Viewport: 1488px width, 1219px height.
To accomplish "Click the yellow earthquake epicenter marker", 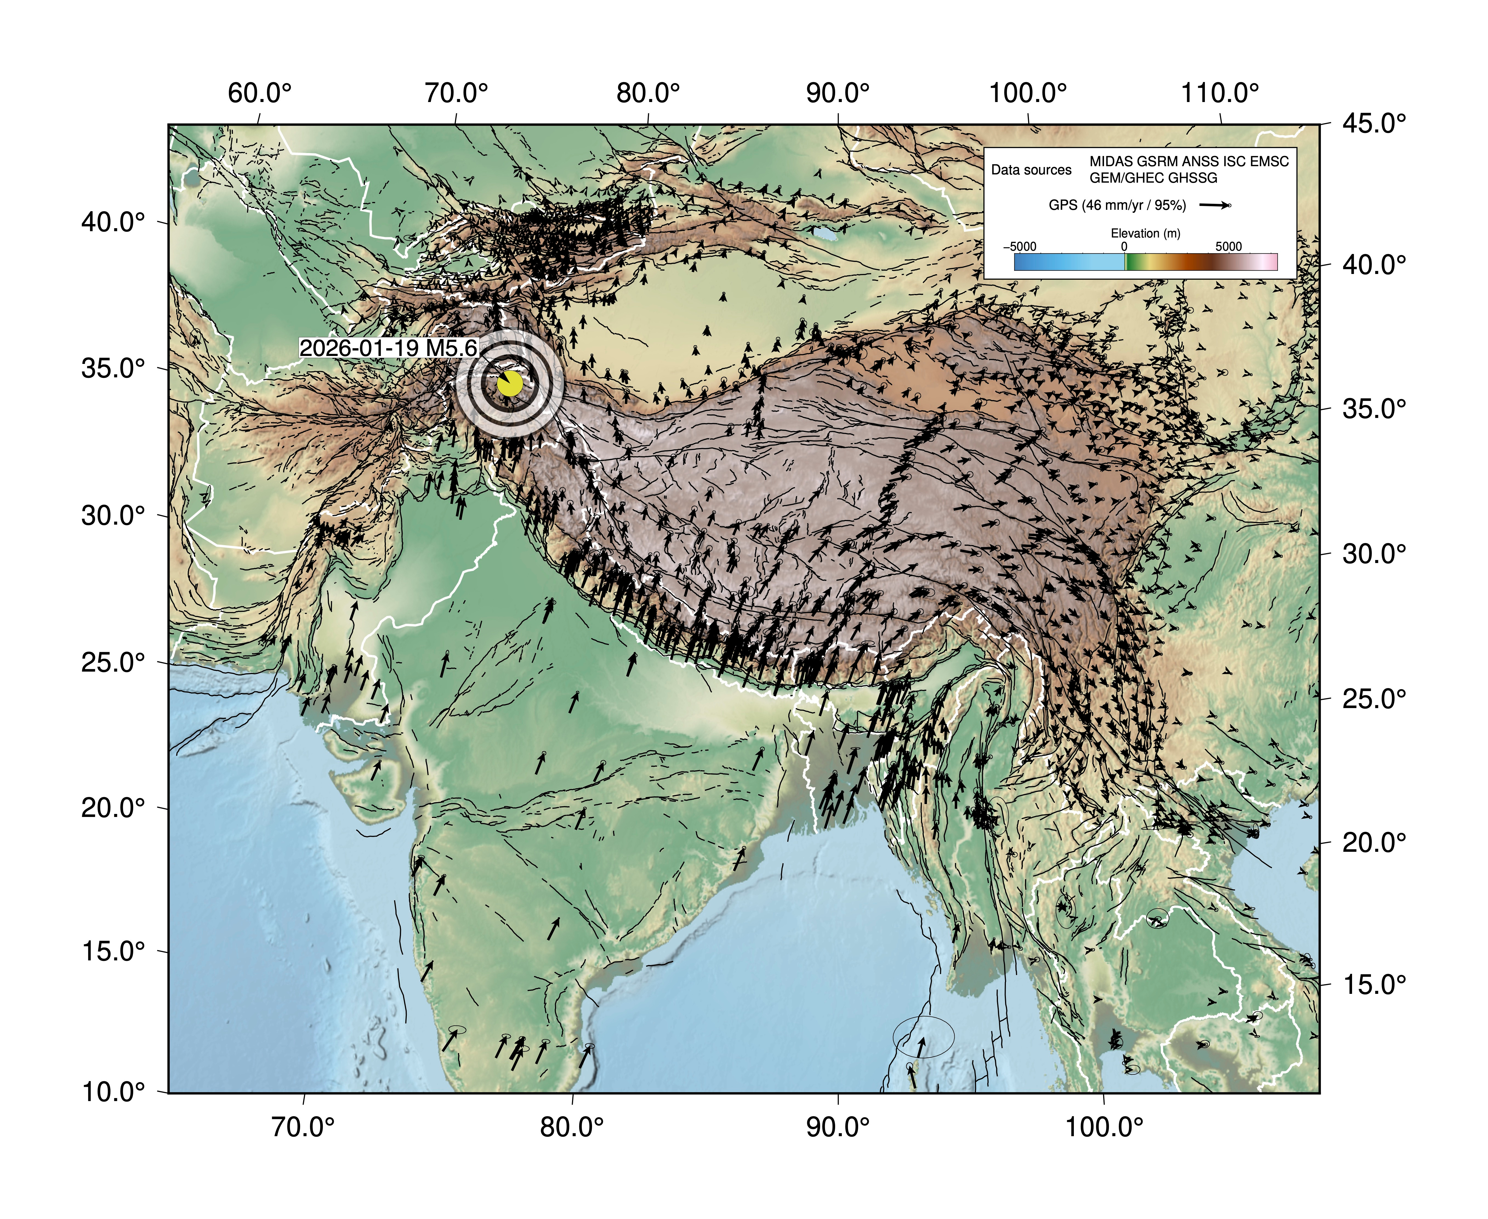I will point(510,384).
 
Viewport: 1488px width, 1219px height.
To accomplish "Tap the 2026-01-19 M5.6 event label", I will point(388,347).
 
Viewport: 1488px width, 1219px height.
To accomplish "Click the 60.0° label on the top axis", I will point(259,93).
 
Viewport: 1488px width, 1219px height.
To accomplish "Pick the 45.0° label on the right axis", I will point(1374,124).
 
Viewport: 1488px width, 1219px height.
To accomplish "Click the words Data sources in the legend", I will point(1031,170).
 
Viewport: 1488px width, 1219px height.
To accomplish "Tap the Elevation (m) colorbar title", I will point(1145,233).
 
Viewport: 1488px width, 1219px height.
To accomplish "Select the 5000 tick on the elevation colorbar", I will point(1228,247).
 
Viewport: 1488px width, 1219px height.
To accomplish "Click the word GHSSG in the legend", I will point(1193,178).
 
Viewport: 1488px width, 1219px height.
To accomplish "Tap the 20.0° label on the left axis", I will point(113,808).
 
